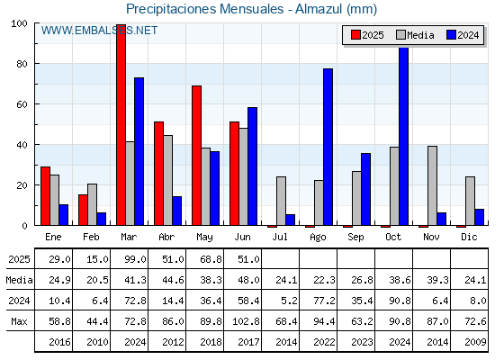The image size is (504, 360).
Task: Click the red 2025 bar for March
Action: pos(121,125)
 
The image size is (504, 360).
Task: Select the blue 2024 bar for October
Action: pos(404,136)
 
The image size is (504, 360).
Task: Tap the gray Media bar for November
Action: pos(432,185)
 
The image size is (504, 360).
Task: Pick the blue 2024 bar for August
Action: pos(328,147)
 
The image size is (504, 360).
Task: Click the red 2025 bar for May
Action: pos(197,156)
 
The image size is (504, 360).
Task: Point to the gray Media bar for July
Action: pos(281,201)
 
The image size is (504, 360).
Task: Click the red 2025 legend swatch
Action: pos(355,35)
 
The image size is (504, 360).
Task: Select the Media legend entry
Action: pos(415,35)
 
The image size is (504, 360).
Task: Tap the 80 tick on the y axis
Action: pos(22,64)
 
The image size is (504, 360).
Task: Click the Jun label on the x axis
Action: pos(242,237)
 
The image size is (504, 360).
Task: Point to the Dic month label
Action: pos(469,237)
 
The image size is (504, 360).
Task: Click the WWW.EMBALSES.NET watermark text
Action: pos(99,31)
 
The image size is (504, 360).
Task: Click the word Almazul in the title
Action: pos(319,9)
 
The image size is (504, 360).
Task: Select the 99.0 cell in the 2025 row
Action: pos(135,259)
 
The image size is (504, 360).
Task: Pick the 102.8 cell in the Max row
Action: pos(246,321)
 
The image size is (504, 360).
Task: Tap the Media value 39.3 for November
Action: pos(437,280)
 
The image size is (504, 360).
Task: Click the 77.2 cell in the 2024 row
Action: pos(324,301)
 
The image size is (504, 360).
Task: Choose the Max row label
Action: pos(19,321)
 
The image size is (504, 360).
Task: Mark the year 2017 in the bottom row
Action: pos(248,342)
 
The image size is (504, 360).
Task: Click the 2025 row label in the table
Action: pos(19,259)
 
